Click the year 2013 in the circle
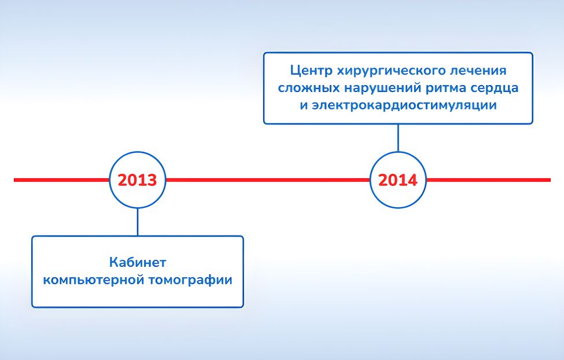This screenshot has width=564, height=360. pyautogui.click(x=138, y=180)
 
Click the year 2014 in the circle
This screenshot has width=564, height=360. pyautogui.click(x=398, y=180)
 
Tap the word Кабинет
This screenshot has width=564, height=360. pyautogui.click(x=138, y=262)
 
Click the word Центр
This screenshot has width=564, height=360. pyautogui.click(x=311, y=71)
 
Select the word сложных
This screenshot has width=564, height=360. pyautogui.click(x=309, y=88)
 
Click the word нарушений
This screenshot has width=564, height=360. pyautogui.click(x=383, y=88)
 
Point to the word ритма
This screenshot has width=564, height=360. pyautogui.click(x=445, y=89)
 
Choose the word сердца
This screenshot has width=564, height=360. pyautogui.click(x=494, y=88)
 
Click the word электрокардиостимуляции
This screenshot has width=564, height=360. pyautogui.click(x=404, y=105)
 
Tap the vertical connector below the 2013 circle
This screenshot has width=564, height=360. pyautogui.click(x=138, y=222)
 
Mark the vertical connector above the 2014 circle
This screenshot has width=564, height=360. pyautogui.click(x=398, y=138)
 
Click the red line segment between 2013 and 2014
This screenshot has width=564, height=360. pyautogui.click(x=268, y=180)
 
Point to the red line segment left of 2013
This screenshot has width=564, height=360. pyautogui.click(x=61, y=180)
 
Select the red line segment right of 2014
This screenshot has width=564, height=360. pyautogui.click(x=488, y=180)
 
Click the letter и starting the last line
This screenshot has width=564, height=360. pyautogui.click(x=304, y=106)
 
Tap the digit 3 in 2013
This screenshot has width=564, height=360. pyautogui.click(x=152, y=180)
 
